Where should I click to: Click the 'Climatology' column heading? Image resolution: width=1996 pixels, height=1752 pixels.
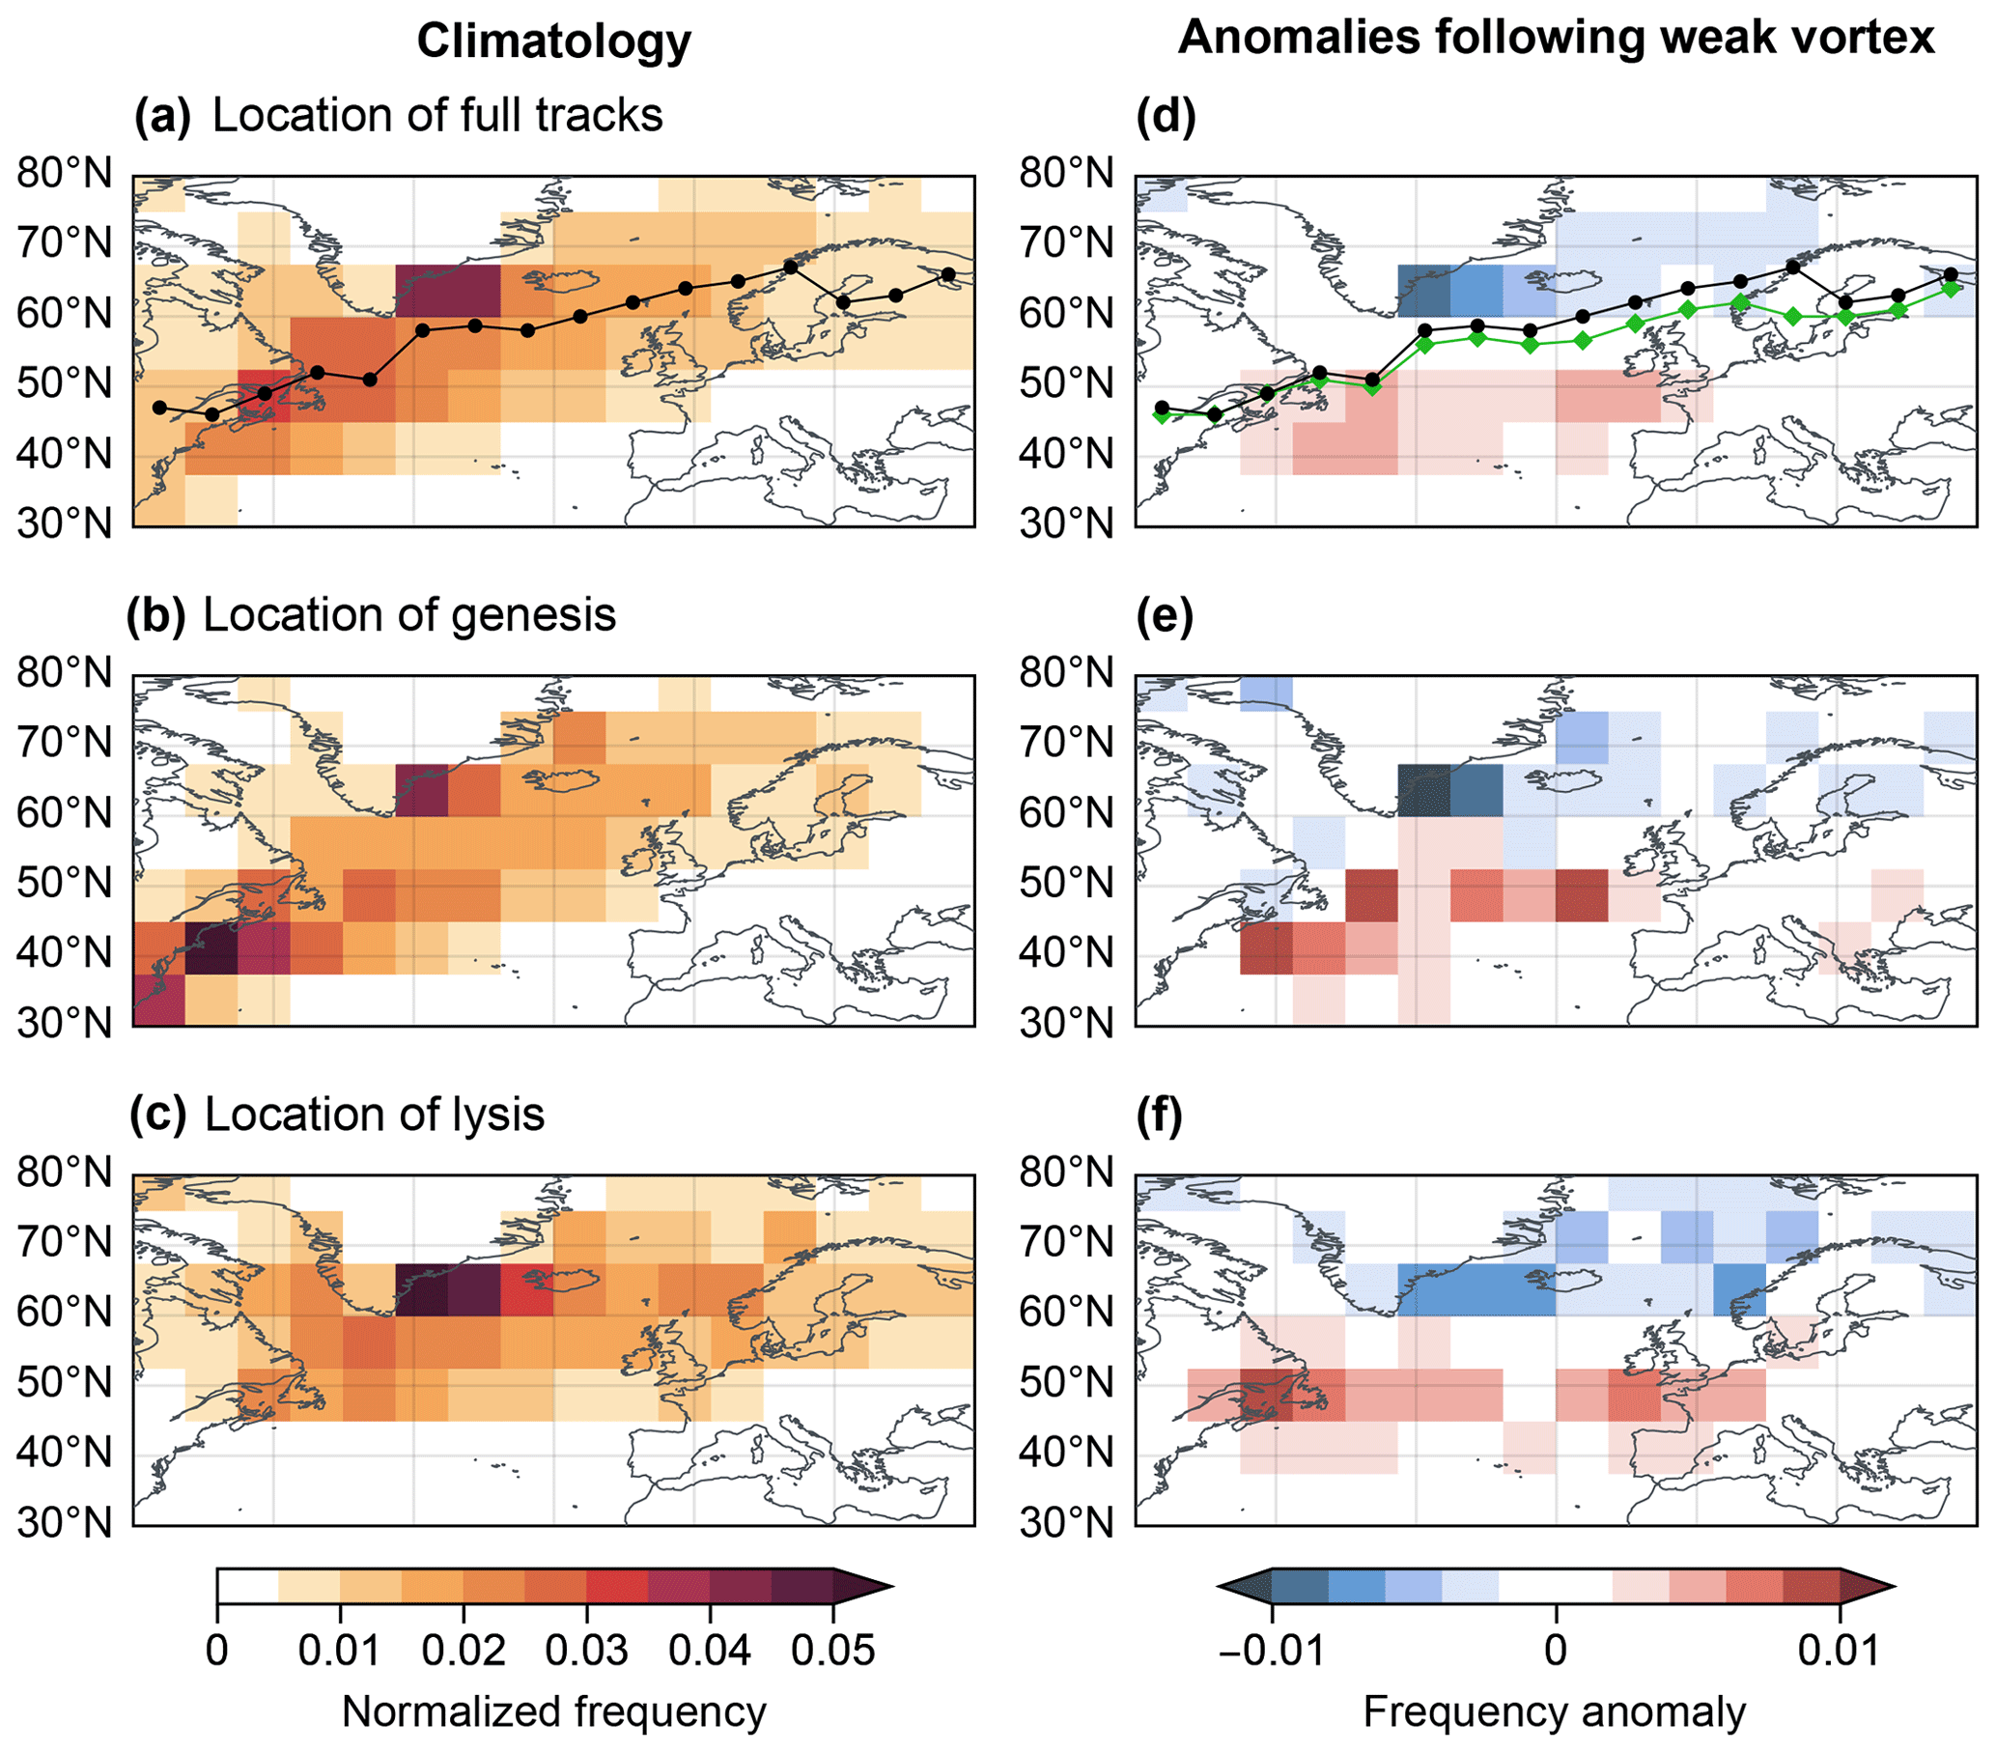553,42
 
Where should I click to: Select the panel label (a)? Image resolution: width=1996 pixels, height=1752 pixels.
162,115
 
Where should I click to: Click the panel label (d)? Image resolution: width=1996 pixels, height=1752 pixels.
1166,115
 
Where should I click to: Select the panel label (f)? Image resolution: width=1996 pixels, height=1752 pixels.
1160,1115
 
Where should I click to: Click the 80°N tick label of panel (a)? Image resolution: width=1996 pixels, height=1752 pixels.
65,173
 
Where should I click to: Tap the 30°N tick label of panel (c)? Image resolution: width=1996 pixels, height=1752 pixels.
65,1522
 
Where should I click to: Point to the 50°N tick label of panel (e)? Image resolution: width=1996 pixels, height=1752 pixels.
1066,883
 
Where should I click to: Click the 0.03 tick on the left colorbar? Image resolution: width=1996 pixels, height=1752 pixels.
586,1650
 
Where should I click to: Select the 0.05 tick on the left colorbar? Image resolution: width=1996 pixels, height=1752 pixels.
833,1650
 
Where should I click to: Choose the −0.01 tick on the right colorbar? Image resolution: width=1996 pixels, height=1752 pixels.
1272,1650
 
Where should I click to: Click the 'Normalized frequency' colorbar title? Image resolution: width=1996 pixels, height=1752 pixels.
553,1712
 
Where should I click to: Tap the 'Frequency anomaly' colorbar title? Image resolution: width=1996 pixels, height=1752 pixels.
1554,1712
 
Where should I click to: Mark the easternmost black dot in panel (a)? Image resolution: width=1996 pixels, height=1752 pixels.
947,274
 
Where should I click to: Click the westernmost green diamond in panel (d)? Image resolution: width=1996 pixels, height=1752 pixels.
1161,415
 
